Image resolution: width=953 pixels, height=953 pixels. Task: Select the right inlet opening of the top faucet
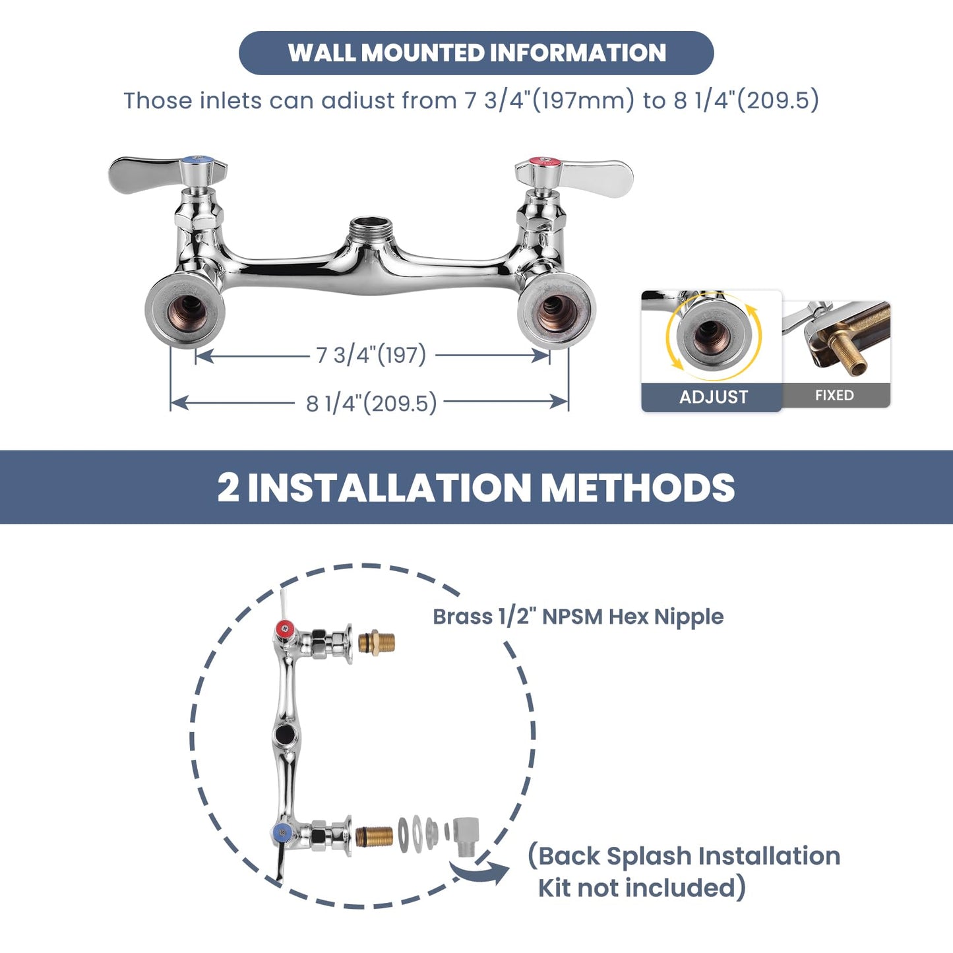click(x=557, y=313)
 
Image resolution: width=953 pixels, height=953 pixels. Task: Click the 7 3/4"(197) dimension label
click(x=371, y=355)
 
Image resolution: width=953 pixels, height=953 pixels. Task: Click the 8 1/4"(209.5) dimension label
click(x=371, y=402)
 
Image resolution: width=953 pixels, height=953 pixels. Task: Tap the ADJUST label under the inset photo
click(x=713, y=396)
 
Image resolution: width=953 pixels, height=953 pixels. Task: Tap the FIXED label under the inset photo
click(x=834, y=395)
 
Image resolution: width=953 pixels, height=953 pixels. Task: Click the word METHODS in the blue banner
click(x=638, y=487)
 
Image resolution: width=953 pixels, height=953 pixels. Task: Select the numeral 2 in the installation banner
click(x=228, y=487)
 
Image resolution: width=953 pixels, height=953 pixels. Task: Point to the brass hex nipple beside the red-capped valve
click(x=377, y=642)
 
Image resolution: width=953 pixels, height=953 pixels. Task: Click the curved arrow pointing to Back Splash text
click(x=479, y=873)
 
